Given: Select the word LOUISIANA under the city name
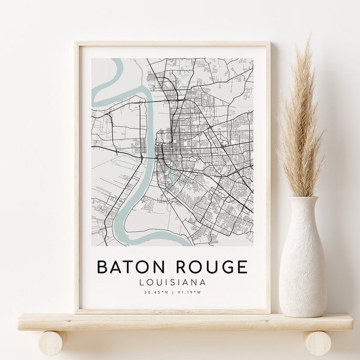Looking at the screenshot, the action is tap(172, 282).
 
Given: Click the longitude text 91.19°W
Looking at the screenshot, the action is tap(189, 293).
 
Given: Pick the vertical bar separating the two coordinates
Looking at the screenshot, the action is tap(173, 293).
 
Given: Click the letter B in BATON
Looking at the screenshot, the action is tap(103, 266).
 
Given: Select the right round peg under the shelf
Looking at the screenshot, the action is tap(316, 343).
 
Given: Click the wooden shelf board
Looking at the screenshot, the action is tap(180, 322).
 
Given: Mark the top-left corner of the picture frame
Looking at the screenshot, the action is tap(76, 43).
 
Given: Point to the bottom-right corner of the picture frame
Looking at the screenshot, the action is tap(269, 312).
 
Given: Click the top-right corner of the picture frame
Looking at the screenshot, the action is tap(269, 43).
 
